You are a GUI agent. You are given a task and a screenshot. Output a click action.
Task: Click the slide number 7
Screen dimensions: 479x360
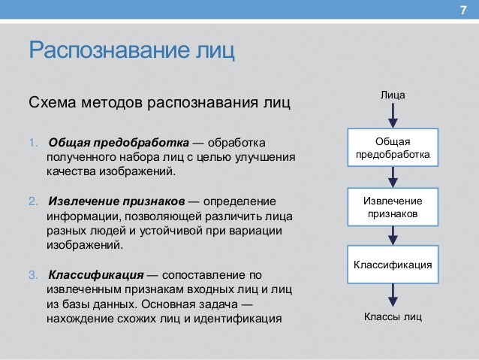tap(462, 10)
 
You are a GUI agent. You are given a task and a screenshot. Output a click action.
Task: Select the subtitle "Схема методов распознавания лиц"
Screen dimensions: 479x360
tap(158, 101)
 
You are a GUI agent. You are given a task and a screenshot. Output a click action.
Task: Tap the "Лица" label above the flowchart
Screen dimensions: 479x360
tap(393, 95)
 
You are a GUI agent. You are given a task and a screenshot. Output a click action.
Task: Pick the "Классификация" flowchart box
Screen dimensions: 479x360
tap(393, 265)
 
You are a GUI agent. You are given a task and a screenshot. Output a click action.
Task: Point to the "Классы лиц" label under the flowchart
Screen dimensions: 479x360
tap(393, 316)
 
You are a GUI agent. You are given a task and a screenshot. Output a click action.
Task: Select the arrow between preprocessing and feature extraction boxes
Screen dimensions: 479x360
tap(393, 177)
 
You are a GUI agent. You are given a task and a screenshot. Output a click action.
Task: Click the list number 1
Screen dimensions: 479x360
tap(32, 143)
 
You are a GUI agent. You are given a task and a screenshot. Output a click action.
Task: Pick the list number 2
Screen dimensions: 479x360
tap(32, 202)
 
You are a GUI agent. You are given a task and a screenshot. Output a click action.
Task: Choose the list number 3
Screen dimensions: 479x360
tap(32, 274)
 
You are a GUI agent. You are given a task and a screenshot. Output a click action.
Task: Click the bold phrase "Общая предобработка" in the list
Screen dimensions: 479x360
tap(117, 143)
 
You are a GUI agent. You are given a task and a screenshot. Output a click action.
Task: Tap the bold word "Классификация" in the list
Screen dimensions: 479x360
tap(96, 274)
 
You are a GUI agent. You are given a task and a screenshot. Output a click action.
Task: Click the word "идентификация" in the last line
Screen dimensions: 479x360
tap(245, 318)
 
